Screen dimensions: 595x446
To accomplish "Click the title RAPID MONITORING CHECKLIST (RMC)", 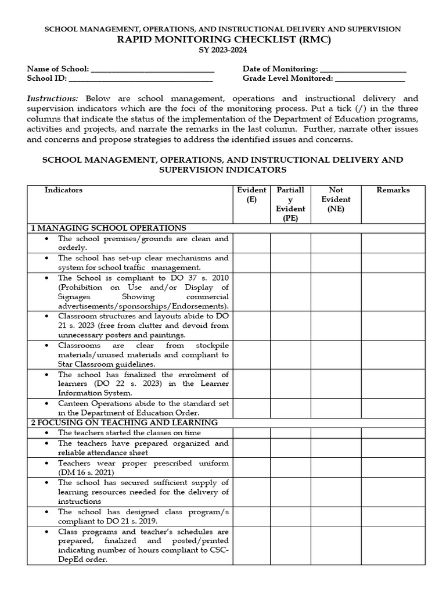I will tap(222, 40).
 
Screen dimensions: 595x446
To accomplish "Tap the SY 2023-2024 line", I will tap(222, 51).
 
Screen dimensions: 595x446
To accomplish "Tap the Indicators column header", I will tap(63, 190).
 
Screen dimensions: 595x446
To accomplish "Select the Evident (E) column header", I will tap(251, 195).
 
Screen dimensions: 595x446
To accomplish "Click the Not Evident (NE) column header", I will tap(336, 199).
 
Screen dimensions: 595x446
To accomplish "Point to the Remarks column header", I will tap(393, 190).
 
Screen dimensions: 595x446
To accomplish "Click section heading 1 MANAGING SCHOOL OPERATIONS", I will tap(109, 228).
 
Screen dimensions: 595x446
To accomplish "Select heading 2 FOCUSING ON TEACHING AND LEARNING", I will tap(124, 422).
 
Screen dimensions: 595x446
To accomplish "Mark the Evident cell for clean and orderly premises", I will tap(251, 243).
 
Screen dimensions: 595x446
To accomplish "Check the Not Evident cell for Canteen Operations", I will tap(336, 407).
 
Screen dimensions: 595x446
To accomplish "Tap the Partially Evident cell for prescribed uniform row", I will tap(290, 468).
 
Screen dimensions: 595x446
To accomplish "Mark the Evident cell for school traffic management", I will tap(251, 263).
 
